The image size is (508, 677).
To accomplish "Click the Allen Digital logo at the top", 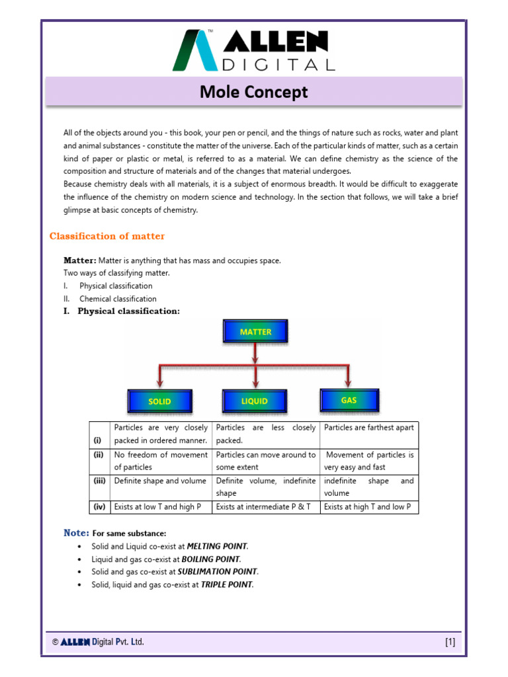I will pos(253,50).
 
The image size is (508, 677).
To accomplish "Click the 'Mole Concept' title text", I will pos(254,92).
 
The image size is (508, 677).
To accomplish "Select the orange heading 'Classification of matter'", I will pos(107,236).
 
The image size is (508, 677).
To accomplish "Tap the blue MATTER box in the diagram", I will pos(255,332).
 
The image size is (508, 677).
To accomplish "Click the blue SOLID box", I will pos(159,401).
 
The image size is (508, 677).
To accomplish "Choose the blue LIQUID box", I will pos(255,401).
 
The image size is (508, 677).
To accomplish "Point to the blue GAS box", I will pos(349,400).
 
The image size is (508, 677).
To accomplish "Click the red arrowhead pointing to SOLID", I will pos(159,381).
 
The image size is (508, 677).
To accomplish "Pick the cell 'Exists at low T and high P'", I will pos(154,507).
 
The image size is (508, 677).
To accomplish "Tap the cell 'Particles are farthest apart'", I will pos(368,427).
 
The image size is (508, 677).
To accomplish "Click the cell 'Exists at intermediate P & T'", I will pos(263,507).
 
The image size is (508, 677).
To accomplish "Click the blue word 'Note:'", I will pos(76,533).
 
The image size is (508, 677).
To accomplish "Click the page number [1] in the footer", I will pos(450,642).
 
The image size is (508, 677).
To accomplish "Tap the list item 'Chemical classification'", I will pos(118,299).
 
